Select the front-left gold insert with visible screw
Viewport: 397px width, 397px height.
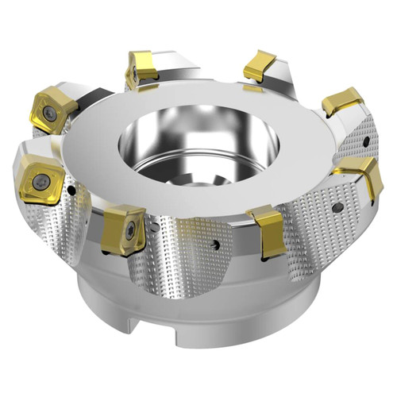point(124,228)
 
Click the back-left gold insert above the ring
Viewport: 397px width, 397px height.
point(141,69)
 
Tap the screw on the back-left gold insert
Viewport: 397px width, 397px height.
point(133,75)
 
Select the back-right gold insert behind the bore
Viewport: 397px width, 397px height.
point(260,66)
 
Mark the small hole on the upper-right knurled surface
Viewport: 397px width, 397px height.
point(368,141)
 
